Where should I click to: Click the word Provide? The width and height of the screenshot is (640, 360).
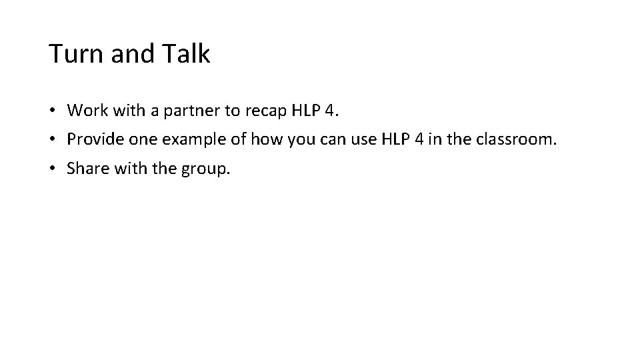click(94, 139)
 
